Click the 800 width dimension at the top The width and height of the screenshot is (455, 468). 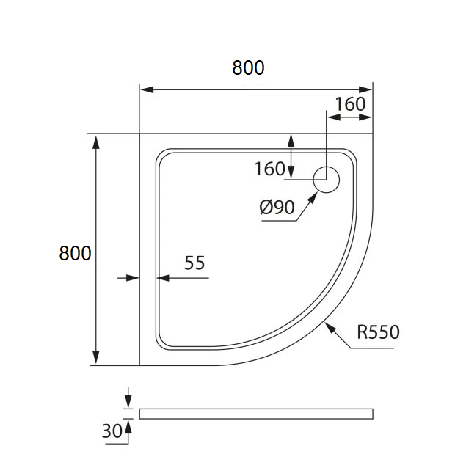point(248,67)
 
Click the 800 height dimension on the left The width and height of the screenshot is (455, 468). point(75,253)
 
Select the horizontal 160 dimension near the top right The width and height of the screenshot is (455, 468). point(350,104)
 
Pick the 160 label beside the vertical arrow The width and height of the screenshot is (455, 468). point(270,169)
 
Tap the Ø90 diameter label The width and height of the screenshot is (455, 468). point(277,207)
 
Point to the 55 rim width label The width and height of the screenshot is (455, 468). point(194,263)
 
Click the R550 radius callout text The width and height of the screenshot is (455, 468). point(378,332)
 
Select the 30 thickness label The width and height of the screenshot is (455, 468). point(112,431)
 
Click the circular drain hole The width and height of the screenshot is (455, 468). point(327,180)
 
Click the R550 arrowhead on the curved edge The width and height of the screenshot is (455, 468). point(330,329)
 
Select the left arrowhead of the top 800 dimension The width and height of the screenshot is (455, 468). point(148,89)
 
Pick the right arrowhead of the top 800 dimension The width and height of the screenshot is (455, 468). point(365,89)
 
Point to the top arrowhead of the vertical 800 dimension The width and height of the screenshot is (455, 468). point(96,142)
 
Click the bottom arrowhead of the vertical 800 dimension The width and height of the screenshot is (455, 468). point(96,357)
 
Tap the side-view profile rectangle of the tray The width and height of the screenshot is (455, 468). point(256,414)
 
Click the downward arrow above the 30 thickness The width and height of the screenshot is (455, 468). point(128,398)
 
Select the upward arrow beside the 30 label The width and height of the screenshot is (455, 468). point(128,431)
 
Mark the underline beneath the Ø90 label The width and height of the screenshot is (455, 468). point(279,221)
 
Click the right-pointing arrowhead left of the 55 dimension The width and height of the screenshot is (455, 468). point(133,278)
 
